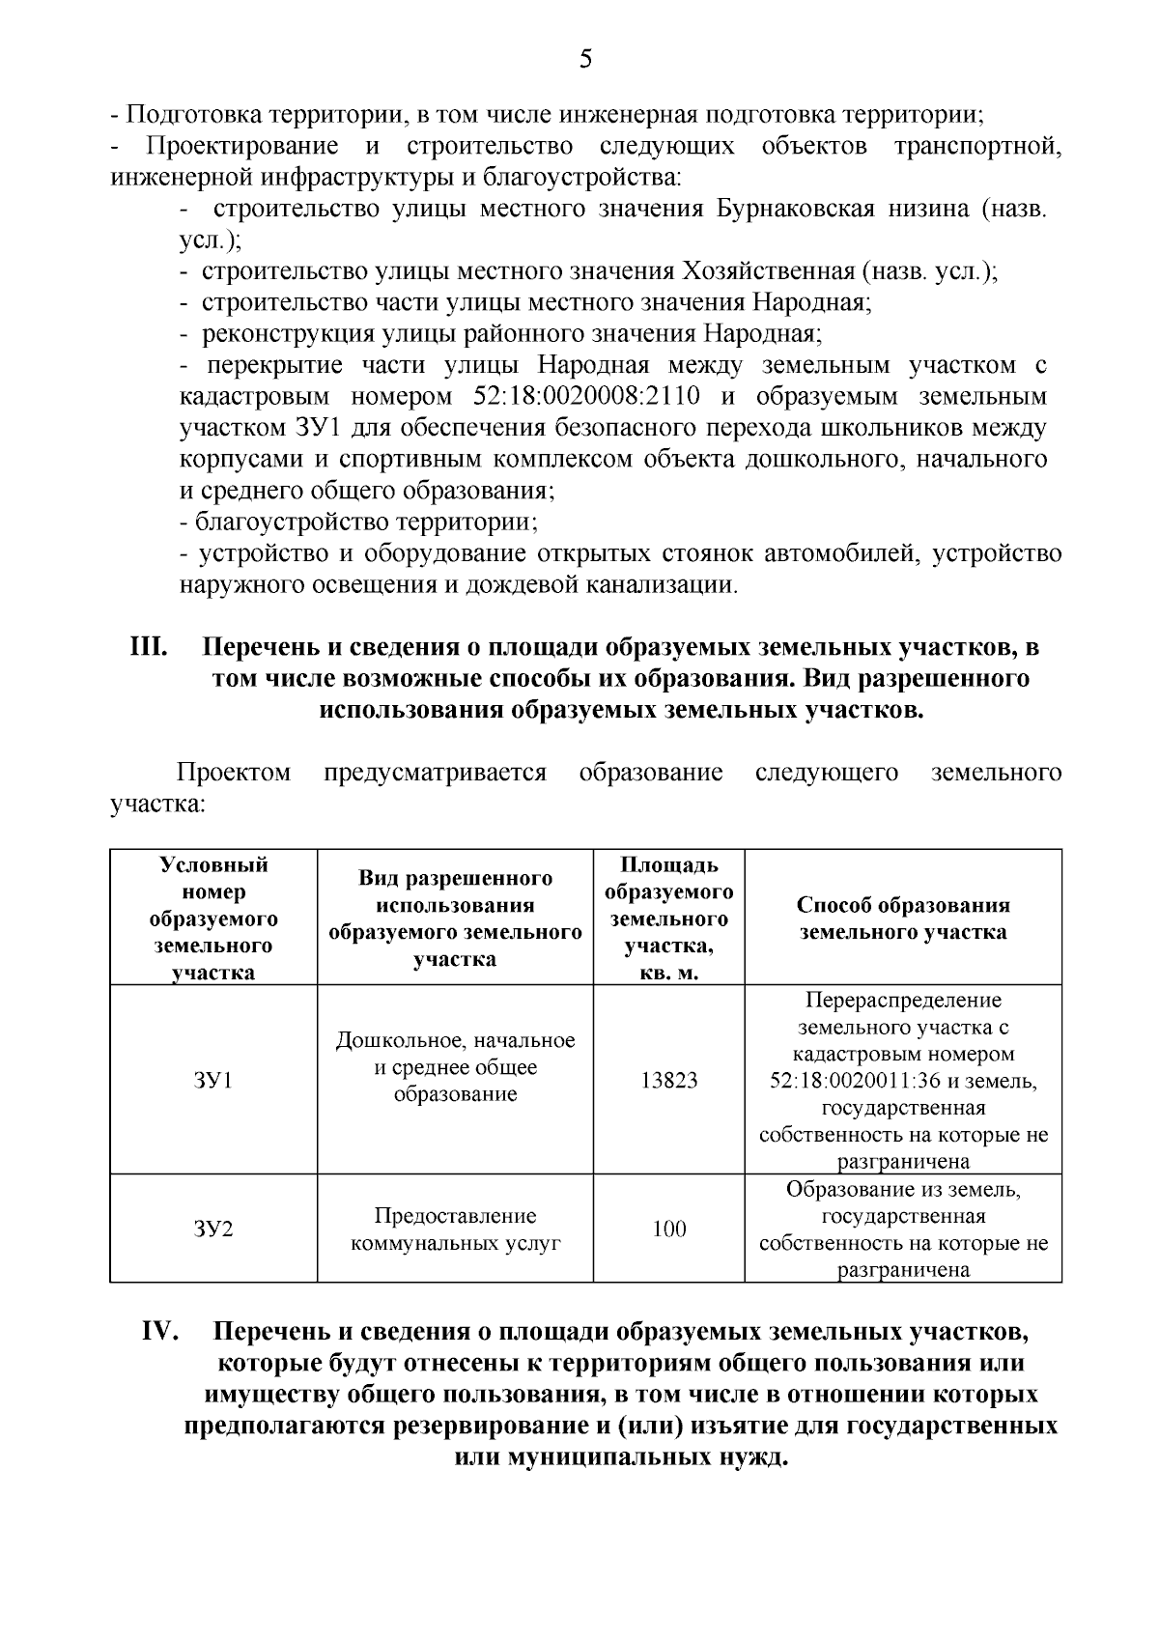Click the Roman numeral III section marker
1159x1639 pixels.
click(x=151, y=646)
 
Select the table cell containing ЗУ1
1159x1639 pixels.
click(x=213, y=1080)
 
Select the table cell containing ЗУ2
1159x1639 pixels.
click(x=213, y=1229)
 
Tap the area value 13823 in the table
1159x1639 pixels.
click(x=668, y=1080)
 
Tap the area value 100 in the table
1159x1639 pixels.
click(x=668, y=1229)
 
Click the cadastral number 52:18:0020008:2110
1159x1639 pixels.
click(x=587, y=397)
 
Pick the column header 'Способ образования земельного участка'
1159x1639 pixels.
click(x=903, y=918)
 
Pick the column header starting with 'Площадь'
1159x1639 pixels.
click(x=668, y=918)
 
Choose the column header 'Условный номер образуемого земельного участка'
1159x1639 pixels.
click(x=213, y=918)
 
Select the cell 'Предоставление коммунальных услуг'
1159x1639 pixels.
click(x=455, y=1229)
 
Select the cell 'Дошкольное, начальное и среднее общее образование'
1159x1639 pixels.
click(x=455, y=1067)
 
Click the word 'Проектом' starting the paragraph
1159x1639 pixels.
click(x=233, y=773)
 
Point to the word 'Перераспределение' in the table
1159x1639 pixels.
click(x=903, y=1000)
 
